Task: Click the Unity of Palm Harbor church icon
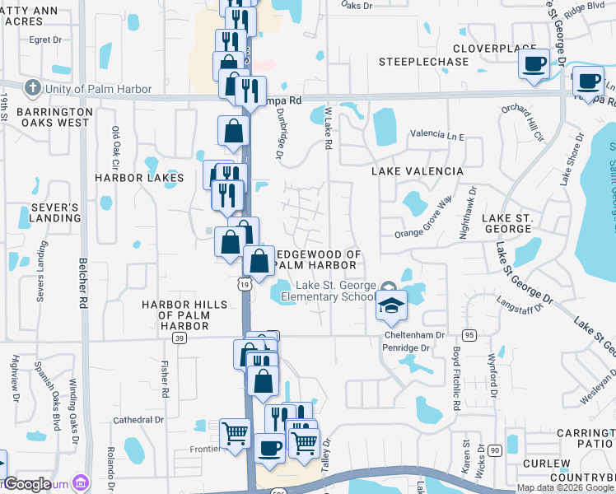[32, 88]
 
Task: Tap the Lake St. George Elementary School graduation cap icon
[391, 308]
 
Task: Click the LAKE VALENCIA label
[417, 171]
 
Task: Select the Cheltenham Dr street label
[414, 335]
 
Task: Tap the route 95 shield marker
[469, 334]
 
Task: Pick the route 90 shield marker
[494, 450]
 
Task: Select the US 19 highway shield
[246, 284]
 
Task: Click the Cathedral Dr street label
[137, 419]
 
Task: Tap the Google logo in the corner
[28, 484]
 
